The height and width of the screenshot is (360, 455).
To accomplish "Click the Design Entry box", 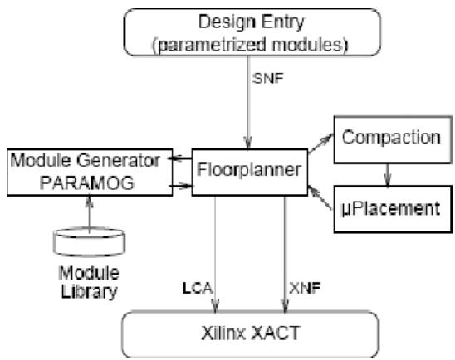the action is click(x=252, y=32).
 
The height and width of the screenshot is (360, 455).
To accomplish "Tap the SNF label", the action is click(x=267, y=78).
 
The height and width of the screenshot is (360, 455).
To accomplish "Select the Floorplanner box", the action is click(x=250, y=173).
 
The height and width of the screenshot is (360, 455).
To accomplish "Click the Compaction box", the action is click(x=393, y=139).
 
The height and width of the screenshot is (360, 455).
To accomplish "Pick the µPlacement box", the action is click(x=393, y=209).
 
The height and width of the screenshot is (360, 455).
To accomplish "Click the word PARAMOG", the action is click(x=86, y=182).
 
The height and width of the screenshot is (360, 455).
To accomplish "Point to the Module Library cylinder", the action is click(x=90, y=242).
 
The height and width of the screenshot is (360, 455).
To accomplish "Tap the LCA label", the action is click(x=198, y=288).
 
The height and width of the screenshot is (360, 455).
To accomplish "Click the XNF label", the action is click(x=305, y=288).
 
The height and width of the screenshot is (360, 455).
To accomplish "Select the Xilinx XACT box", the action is click(x=250, y=334).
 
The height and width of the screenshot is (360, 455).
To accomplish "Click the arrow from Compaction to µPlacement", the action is click(x=388, y=175).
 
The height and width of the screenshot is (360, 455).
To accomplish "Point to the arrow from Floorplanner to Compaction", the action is click(x=320, y=144).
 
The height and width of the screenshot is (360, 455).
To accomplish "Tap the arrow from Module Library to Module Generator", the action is click(x=90, y=215).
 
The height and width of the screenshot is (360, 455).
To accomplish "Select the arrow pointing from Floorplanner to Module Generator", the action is click(x=180, y=158).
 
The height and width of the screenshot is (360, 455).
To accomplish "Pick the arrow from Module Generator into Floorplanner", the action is click(x=180, y=186).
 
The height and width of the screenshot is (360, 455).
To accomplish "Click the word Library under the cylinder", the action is click(x=89, y=292).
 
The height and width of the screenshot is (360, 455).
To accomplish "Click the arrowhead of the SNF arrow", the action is click(x=247, y=144).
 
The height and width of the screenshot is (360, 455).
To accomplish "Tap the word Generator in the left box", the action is click(x=118, y=160).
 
